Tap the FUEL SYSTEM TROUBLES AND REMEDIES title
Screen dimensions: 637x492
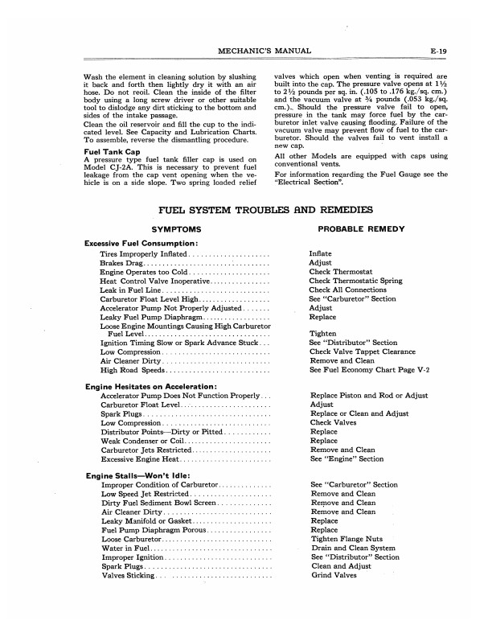pos(265,211)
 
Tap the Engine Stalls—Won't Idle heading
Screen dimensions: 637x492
pos(132,475)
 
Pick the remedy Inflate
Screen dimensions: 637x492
pos(320,253)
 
